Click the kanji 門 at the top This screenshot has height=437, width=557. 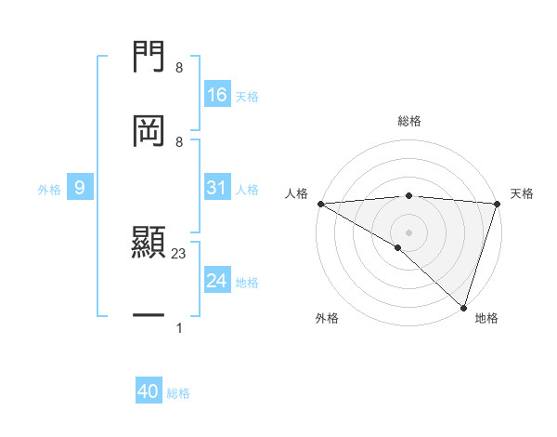pos(149,59)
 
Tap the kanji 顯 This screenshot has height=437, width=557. pos(149,244)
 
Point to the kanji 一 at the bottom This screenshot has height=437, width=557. pos(149,316)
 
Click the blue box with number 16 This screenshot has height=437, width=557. pos(217,95)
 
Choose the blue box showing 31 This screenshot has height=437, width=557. pos(217,189)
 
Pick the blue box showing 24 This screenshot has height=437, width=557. pos(217,281)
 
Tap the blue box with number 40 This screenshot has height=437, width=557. pos(149,392)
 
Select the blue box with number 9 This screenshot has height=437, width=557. pos(80,189)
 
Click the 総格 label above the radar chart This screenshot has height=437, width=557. pos(409,121)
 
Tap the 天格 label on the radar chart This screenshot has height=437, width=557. pos(523,193)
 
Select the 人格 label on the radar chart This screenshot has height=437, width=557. pos(295,193)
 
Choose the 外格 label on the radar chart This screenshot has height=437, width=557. pos(327,318)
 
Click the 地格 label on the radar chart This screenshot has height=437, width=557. pos(486,318)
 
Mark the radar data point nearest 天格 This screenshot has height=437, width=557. pos(497,204)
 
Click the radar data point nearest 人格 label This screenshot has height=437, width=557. pos(320,204)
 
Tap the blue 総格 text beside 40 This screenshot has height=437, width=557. pos(178,393)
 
